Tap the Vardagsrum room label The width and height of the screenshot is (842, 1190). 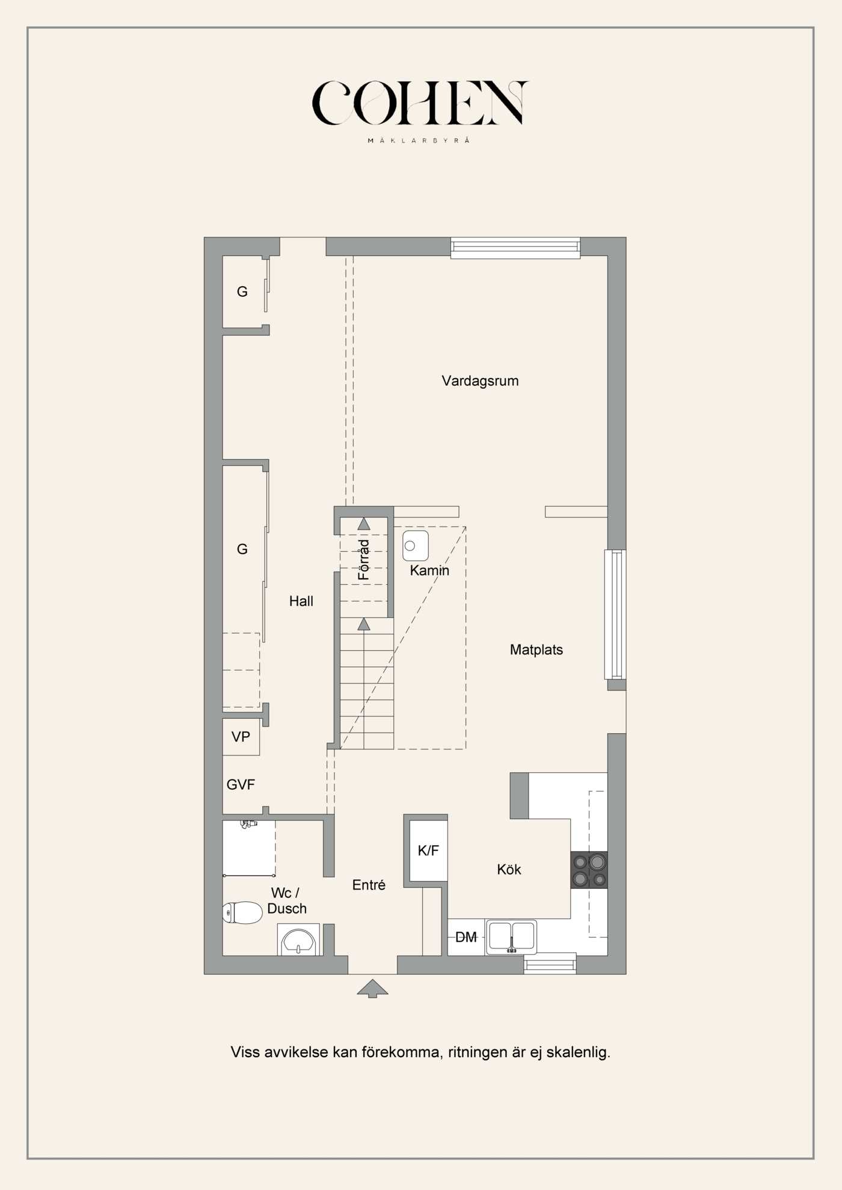coord(480,381)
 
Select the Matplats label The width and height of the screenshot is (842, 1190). coord(536,650)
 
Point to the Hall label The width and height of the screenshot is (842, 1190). coord(301,601)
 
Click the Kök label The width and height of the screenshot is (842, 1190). coord(509,869)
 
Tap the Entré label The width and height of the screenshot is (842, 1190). coord(369,885)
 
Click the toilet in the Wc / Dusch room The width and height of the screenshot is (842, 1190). coord(242,912)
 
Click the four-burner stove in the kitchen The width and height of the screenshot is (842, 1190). coord(589,870)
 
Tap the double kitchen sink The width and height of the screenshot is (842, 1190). coord(511,937)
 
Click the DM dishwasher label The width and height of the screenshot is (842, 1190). coord(466,937)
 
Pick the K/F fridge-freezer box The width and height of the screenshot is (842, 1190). coord(428,850)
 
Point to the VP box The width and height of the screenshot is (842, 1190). coord(241,737)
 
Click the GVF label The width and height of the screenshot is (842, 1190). coord(241,784)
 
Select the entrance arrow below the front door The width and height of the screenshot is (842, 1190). coord(372,989)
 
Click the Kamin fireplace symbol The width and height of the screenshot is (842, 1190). coord(416,546)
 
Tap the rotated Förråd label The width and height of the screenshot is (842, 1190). coord(363,560)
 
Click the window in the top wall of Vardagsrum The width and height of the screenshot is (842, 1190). coord(515,248)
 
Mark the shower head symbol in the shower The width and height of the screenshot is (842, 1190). coord(248,824)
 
